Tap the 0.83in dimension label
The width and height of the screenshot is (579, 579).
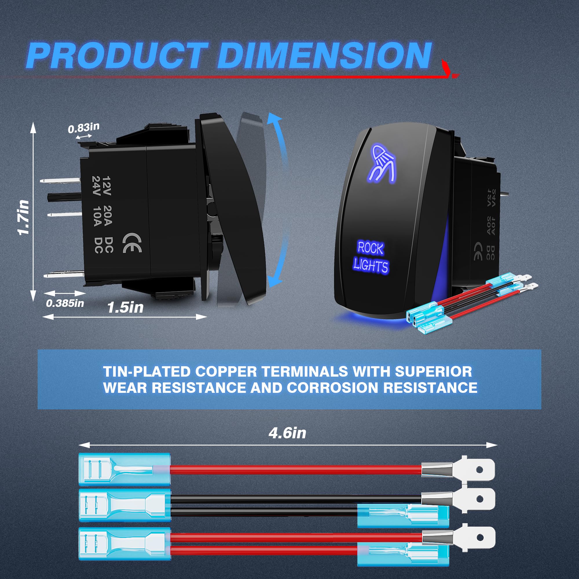tap(83, 128)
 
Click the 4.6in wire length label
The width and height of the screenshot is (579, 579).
tap(287, 433)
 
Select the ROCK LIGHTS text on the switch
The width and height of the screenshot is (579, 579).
tap(371, 257)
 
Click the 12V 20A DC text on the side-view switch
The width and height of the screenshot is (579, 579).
tap(107, 215)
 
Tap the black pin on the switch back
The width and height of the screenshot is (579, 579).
tap(65, 197)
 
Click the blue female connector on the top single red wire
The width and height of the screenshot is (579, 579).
tap(124, 469)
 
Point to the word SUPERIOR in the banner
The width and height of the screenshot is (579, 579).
tap(433, 372)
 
